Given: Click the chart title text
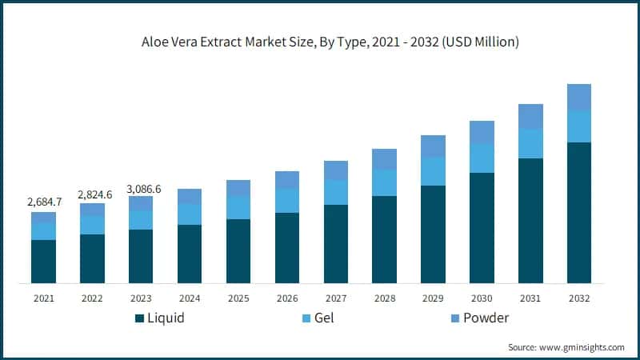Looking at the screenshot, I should point(319,42).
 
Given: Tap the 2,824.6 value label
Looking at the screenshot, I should point(92,194).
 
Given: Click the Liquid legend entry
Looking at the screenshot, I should point(159,318).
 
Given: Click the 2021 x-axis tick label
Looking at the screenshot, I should point(43,298).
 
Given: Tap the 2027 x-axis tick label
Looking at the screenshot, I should point(336,298).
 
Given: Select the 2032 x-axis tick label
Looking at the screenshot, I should point(579,298).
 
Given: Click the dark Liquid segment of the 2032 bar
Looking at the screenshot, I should point(579,213).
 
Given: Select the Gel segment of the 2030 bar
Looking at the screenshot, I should point(482,158).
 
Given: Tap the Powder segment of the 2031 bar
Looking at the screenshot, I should point(530,116).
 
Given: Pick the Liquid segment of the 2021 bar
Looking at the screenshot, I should point(43,262).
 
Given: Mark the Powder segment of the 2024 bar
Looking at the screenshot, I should point(190,196).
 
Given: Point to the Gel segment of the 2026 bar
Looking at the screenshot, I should point(287,201).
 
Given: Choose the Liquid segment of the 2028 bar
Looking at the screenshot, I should point(385,239).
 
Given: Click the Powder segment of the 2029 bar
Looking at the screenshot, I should point(433,146).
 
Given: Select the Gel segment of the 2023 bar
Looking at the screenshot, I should point(141,220).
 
